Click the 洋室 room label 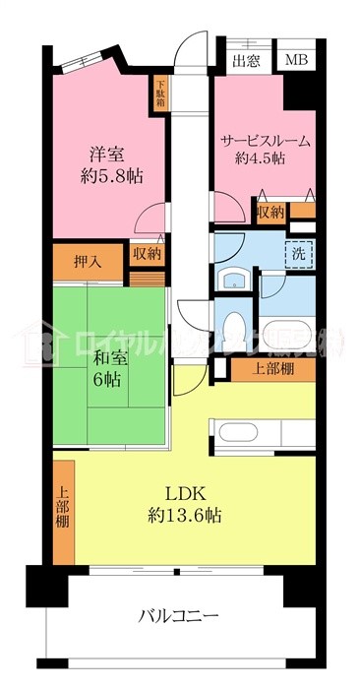(105, 154)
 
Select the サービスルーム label (265, 141)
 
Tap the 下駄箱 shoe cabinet (159, 95)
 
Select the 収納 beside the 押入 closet (148, 254)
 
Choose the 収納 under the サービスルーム (270, 211)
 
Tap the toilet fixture (235, 327)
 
